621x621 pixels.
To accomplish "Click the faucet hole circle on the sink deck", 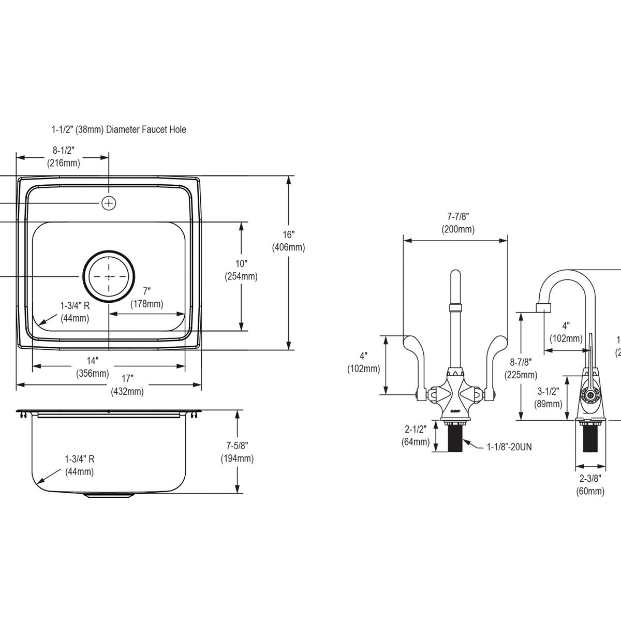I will click(x=109, y=203).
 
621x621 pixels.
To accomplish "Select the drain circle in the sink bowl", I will click(x=109, y=276).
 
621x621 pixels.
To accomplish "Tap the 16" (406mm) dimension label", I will click(x=288, y=241).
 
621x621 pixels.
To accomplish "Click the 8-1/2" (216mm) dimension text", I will click(x=64, y=157).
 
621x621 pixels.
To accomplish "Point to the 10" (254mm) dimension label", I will click(x=241, y=270).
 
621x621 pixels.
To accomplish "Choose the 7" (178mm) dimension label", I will click(x=146, y=298).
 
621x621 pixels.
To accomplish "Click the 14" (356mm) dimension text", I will click(x=92, y=366).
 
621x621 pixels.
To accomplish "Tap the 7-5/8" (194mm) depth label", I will click(x=237, y=451).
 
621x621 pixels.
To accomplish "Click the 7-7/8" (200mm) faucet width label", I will click(x=457, y=223).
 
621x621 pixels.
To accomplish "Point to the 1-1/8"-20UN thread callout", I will click(x=509, y=447).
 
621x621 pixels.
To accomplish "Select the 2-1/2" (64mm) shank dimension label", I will click(x=415, y=435).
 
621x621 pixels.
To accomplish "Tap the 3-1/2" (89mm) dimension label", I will click(x=549, y=397).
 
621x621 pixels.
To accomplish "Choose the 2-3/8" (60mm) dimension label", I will click(x=590, y=484).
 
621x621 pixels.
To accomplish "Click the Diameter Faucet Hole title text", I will click(x=119, y=129).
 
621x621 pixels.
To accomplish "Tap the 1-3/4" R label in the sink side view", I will click(x=79, y=465).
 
